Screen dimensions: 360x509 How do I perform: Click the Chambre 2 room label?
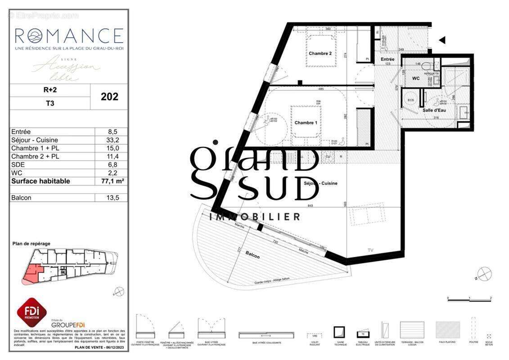[x=320, y=53]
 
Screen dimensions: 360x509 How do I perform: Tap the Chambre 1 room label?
[x=306, y=122]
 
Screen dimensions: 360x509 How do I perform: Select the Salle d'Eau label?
[x=434, y=110]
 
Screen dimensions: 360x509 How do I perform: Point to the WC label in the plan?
[x=416, y=78]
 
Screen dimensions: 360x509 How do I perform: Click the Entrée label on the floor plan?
[x=387, y=59]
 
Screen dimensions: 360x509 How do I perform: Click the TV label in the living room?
[x=370, y=249]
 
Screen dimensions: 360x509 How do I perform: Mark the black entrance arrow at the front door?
[x=442, y=40]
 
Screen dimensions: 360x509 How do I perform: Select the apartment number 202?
[x=109, y=96]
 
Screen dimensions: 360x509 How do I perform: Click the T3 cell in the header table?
[x=50, y=103]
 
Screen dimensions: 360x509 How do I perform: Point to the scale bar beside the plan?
[x=469, y=300]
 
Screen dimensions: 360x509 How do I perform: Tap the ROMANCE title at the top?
[x=69, y=35]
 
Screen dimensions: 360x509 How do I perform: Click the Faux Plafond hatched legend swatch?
[x=448, y=330]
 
